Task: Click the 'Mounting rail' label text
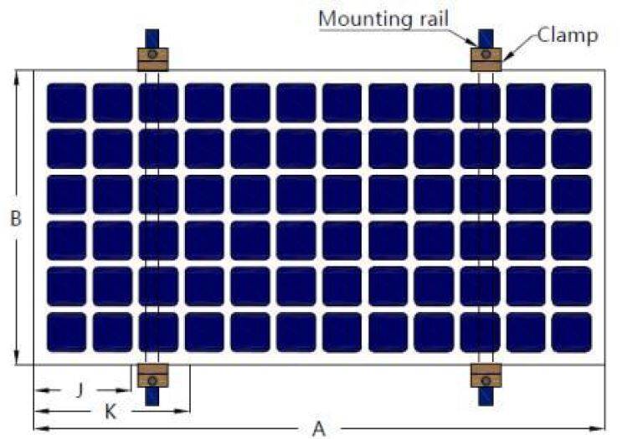pos(383,18)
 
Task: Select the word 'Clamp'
pos(568,35)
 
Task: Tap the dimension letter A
pos(319,429)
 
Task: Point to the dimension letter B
pos(15,218)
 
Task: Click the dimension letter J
pos(80,391)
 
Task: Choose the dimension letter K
pos(111,412)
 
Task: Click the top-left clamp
pos(152,59)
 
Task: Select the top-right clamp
pos(486,59)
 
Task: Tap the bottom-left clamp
pos(152,375)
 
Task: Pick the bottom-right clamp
pos(486,375)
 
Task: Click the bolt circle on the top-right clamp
pos(486,54)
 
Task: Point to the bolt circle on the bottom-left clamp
pos(152,380)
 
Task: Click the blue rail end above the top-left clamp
pos(152,38)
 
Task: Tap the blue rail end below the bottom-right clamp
pos(486,396)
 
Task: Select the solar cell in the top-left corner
pos(66,103)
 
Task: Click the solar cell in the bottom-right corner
pos(571,332)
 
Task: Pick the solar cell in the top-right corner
pos(571,103)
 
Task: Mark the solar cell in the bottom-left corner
pos(66,332)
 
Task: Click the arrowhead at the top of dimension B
pos(16,77)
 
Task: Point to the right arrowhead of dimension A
pos(599,428)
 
